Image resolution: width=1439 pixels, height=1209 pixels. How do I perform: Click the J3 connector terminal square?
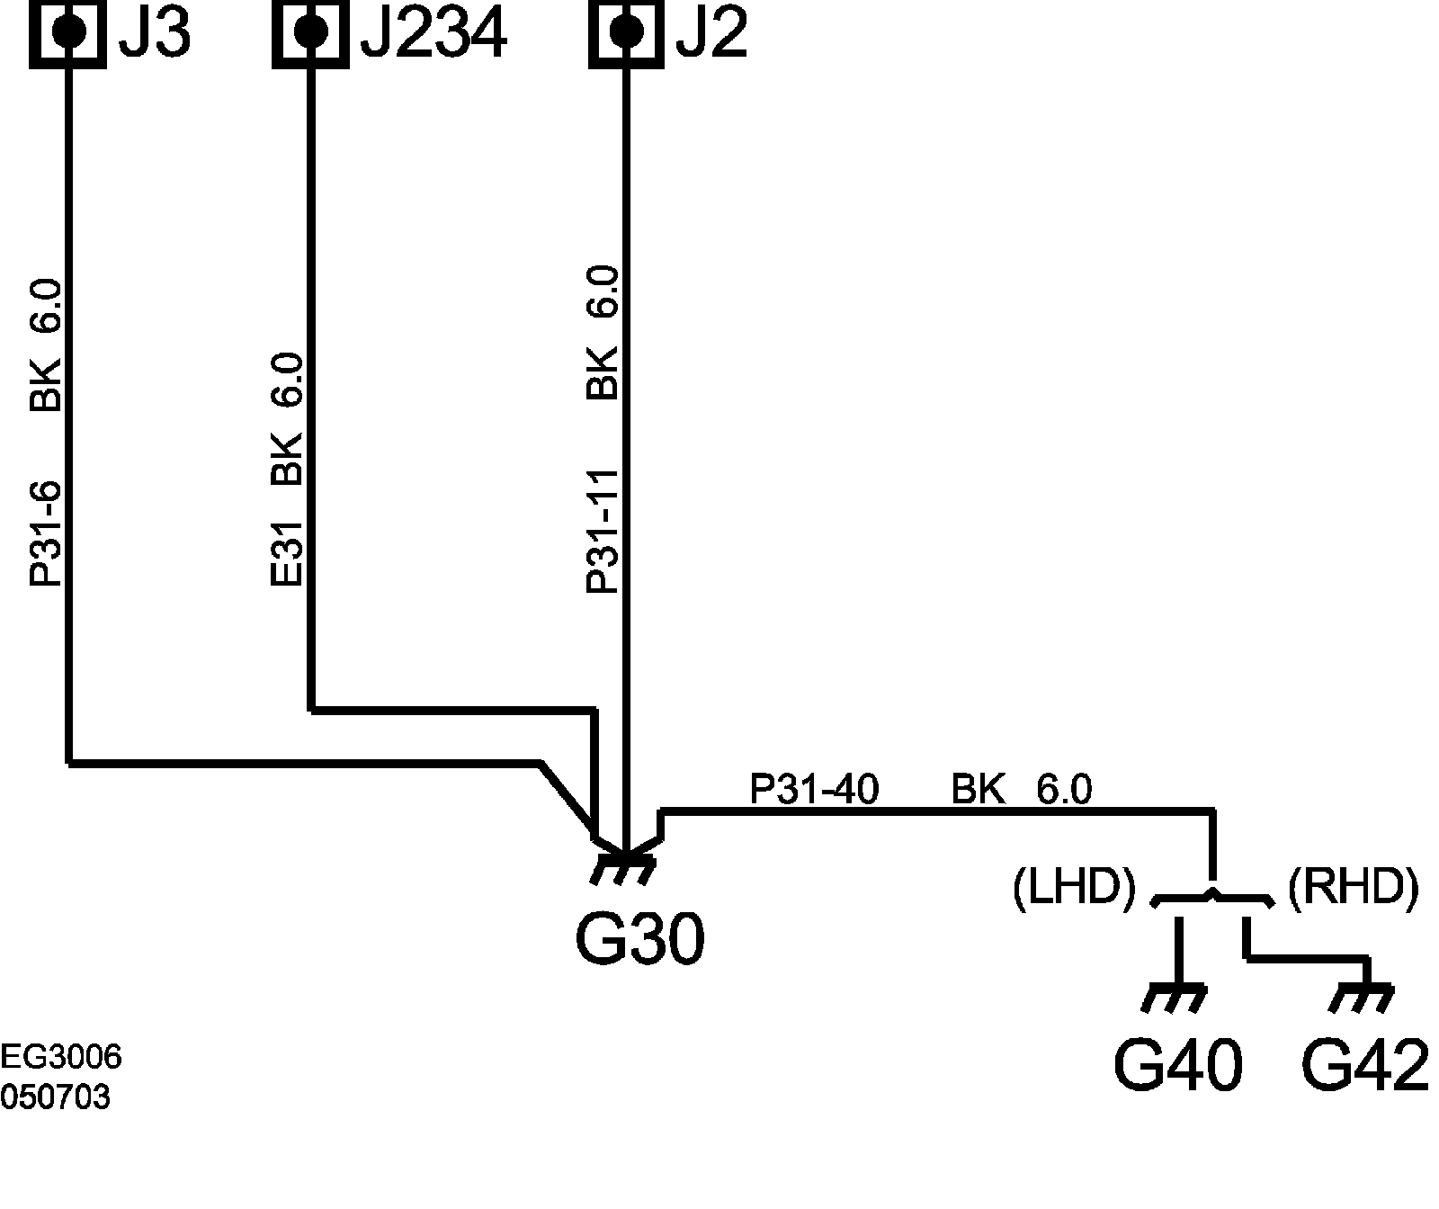point(68,32)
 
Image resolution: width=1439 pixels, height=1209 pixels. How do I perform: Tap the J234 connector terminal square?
point(310,32)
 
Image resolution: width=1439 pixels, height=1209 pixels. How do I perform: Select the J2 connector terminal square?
point(626,32)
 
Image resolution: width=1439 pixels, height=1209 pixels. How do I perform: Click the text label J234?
point(433,34)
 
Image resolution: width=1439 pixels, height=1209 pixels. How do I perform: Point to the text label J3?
point(155,34)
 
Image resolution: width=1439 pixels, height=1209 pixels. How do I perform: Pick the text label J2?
point(711,34)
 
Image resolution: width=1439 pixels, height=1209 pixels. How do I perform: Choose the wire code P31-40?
point(814,791)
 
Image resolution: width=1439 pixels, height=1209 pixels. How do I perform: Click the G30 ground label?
point(639,940)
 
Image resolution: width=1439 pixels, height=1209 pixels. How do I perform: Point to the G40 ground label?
point(1177,1066)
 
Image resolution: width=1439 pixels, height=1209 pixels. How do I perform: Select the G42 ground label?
point(1365,1066)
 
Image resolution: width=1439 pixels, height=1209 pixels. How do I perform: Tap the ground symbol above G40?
point(1175,999)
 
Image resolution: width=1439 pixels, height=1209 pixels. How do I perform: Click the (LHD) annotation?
point(1074,890)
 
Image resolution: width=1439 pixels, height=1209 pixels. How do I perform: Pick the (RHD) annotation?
point(1354,890)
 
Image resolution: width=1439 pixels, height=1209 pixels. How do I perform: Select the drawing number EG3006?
point(61,1058)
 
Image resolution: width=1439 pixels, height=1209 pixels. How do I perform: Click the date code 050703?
point(56,1097)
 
